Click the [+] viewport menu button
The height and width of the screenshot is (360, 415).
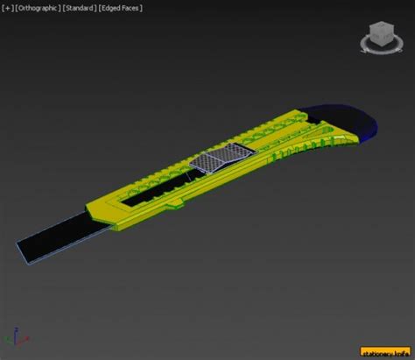[8, 8]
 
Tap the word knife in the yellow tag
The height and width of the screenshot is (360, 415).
[402, 353]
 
